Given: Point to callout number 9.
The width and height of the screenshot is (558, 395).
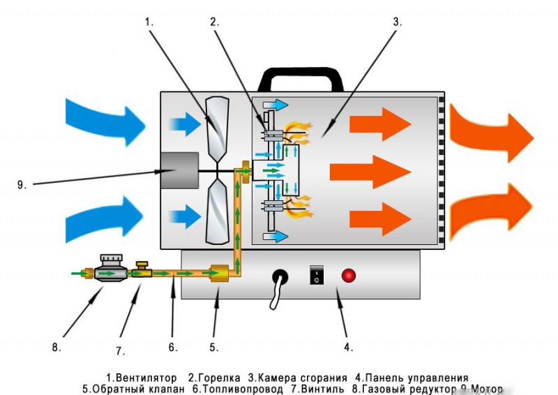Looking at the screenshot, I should pos(22,185).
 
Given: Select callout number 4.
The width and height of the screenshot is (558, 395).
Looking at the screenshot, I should pos(347,345).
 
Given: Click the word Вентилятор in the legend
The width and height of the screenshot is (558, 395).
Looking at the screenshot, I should pos(145,378).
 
